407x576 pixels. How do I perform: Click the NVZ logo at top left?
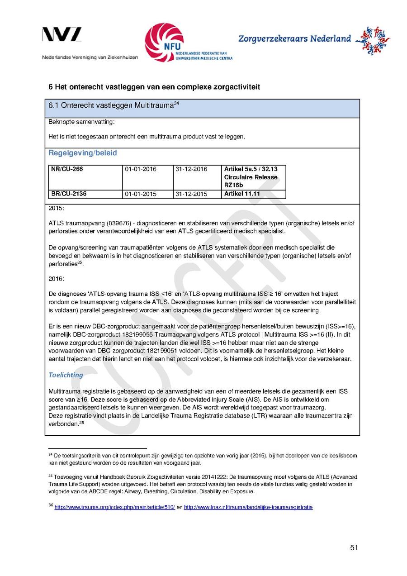click(62, 35)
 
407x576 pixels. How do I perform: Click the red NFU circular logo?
click(164, 42)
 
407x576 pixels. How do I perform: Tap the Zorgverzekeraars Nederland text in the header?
click(294, 39)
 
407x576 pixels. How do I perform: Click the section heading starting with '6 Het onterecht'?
click(154, 86)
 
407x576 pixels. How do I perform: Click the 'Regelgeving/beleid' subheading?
click(82, 153)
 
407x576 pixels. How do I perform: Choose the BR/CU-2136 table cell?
click(69, 194)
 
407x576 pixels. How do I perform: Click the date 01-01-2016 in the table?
click(141, 169)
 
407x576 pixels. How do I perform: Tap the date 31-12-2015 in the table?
click(191, 194)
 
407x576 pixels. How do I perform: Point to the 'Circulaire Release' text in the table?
click(251, 177)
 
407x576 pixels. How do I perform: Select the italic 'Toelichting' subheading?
click(66, 375)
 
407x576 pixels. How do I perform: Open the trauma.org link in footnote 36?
click(114, 507)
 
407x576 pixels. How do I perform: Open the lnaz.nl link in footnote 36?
click(248, 507)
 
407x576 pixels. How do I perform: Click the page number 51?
click(354, 548)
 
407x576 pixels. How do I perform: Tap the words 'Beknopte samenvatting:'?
click(76, 122)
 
